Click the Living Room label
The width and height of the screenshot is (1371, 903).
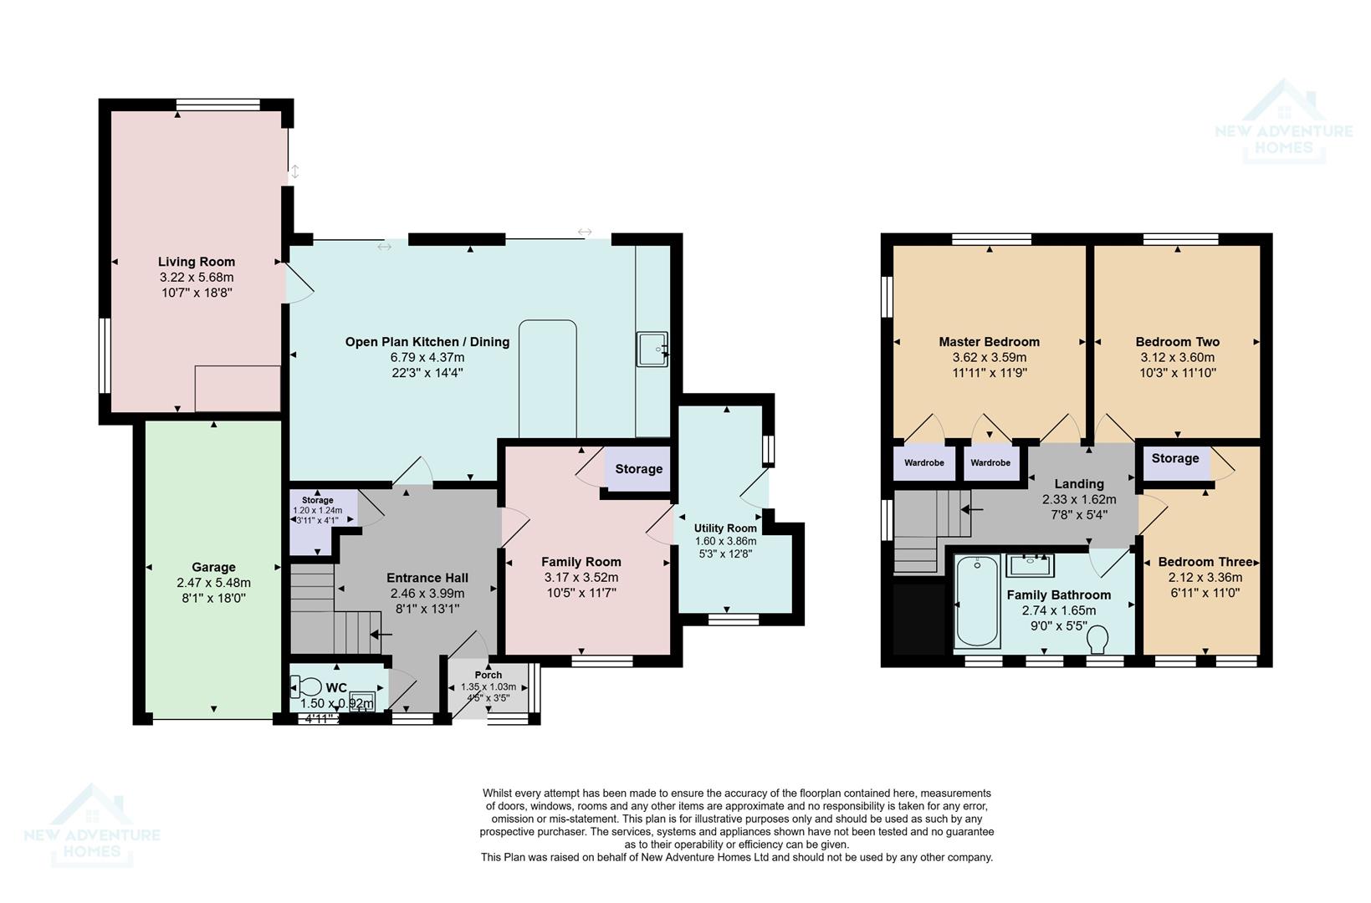pyautogui.click(x=197, y=262)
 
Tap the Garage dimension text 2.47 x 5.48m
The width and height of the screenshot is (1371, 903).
pyautogui.click(x=213, y=583)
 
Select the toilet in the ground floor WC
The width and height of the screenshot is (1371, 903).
pyautogui.click(x=307, y=687)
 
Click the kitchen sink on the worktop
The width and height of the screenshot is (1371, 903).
pyautogui.click(x=652, y=349)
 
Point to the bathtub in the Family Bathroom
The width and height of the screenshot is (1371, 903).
pyautogui.click(x=977, y=602)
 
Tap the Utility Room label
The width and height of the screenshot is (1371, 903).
pyautogui.click(x=725, y=528)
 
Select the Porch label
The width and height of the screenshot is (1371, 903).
pyautogui.click(x=489, y=675)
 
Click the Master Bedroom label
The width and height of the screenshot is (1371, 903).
pyautogui.click(x=989, y=342)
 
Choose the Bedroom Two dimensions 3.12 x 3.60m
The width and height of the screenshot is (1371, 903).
pyautogui.click(x=1177, y=357)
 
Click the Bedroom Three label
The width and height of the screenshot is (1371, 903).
pyautogui.click(x=1205, y=562)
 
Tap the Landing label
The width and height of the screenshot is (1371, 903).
pyautogui.click(x=1078, y=483)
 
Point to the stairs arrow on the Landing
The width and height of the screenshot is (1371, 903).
pyautogui.click(x=971, y=508)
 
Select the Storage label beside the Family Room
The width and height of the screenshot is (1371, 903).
pyautogui.click(x=638, y=469)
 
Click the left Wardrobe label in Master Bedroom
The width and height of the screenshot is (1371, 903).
pyautogui.click(x=923, y=462)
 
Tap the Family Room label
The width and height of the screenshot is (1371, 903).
pyautogui.click(x=581, y=562)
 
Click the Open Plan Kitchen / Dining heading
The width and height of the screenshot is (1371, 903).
pyautogui.click(x=427, y=342)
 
